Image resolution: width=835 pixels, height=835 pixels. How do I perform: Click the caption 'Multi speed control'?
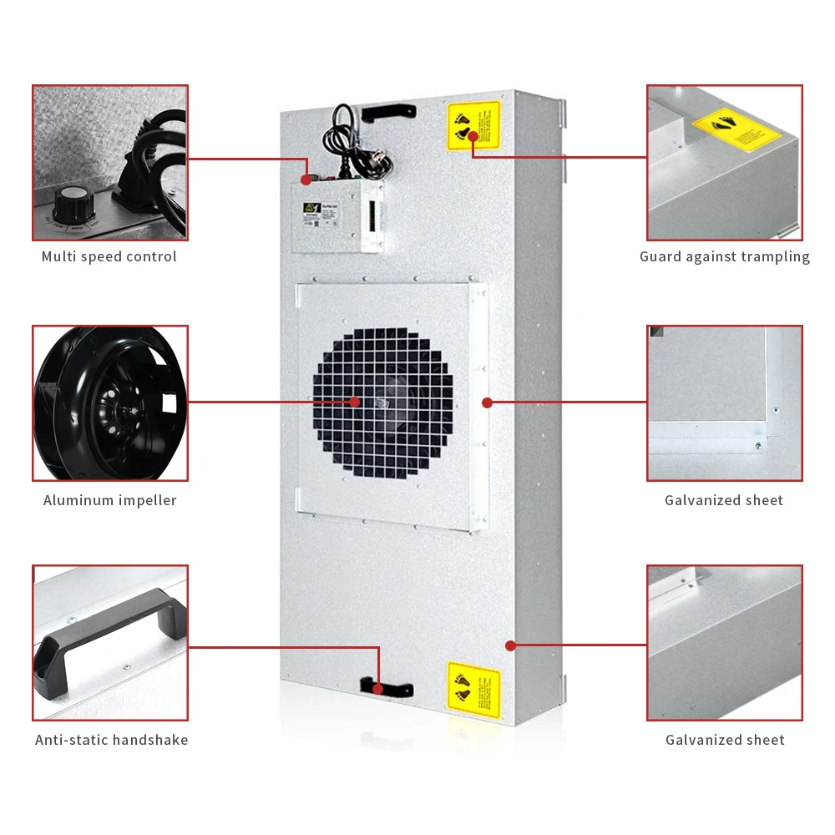tap(109, 256)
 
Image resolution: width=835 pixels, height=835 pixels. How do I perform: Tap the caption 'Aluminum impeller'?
tap(110, 500)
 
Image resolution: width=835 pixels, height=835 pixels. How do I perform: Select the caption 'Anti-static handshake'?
tap(111, 740)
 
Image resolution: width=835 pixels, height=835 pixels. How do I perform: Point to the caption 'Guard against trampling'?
tap(725, 256)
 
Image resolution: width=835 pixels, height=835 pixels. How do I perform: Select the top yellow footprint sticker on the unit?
tap(473, 126)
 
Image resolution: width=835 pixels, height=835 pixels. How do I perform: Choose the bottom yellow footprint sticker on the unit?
tap(473, 690)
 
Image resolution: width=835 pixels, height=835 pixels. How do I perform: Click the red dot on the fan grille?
tap(355, 402)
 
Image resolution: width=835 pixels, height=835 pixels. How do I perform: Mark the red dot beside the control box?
tap(306, 180)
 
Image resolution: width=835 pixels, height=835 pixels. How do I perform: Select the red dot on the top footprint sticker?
tap(473, 135)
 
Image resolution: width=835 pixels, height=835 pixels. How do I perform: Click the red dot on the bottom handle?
tap(378, 689)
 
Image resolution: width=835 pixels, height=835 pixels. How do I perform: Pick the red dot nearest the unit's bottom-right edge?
tap(510, 645)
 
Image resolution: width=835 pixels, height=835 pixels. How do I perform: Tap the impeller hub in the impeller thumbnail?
tap(124, 409)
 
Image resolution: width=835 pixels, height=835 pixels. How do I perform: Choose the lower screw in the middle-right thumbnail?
tap(758, 446)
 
